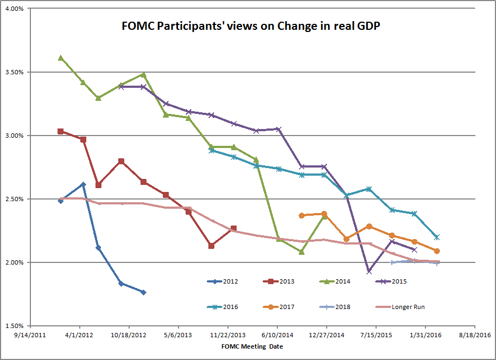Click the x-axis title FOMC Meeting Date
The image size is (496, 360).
click(252, 346)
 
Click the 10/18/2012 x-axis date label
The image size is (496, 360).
click(129, 335)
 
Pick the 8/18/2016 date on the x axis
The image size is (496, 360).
click(475, 335)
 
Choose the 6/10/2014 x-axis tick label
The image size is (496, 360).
click(277, 335)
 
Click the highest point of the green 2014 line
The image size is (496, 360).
click(61, 57)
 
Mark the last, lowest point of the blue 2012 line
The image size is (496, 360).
click(143, 292)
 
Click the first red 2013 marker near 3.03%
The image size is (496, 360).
click(61, 131)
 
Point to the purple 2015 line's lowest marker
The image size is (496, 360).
click(369, 271)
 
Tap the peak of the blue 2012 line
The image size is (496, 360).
click(83, 184)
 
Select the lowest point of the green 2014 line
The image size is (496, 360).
click(301, 252)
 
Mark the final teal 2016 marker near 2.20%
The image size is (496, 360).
click(437, 237)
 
